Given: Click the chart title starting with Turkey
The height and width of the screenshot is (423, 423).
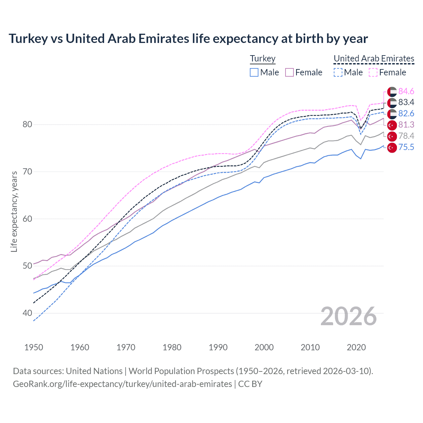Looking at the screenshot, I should coord(188,39).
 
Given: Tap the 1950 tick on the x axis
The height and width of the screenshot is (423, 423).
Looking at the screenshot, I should coord(34,347).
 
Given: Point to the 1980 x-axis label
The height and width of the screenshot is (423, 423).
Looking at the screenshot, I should coord(172,347).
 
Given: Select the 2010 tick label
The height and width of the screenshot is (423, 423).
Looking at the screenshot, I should coord(310,347).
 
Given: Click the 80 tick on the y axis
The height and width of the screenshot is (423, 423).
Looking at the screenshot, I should coord(27,125).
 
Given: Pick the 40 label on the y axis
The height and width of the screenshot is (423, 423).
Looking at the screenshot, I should coord(27,313).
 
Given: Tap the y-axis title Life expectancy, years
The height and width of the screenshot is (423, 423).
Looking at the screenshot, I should coord(14,211).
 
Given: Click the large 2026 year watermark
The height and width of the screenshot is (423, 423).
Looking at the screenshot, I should coord(348,316).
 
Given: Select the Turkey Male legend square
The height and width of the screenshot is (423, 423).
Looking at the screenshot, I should coord(254,72).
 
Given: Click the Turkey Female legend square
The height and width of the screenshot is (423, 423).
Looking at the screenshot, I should coord(289,72).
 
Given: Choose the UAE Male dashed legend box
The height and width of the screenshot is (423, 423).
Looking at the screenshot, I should coord(338,72).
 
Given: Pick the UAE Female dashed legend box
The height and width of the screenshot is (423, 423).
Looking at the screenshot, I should coord(373,72).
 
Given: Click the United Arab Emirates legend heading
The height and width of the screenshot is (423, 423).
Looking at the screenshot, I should coord(374,58).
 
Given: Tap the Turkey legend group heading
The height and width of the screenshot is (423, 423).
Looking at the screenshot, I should coord(263,58).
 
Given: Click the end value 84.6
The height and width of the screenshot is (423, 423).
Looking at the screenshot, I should coord(406,91).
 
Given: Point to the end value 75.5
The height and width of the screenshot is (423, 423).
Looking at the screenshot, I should coord(406,147).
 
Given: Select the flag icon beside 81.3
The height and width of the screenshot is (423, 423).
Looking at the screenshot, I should coord(392,125).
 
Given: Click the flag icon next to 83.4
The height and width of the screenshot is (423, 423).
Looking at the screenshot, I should coord(392,102).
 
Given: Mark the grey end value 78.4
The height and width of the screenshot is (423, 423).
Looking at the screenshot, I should coord(406,136).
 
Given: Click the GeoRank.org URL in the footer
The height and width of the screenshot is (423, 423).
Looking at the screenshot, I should coord(122,384).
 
